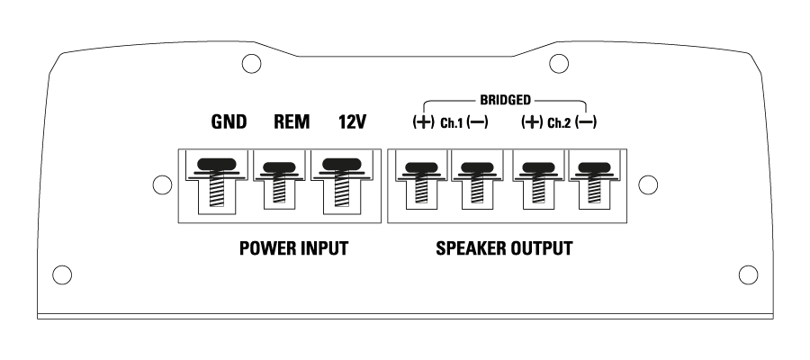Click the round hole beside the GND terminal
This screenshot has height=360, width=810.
click(x=162, y=184)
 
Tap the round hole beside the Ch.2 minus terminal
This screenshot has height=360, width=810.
click(x=645, y=184)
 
